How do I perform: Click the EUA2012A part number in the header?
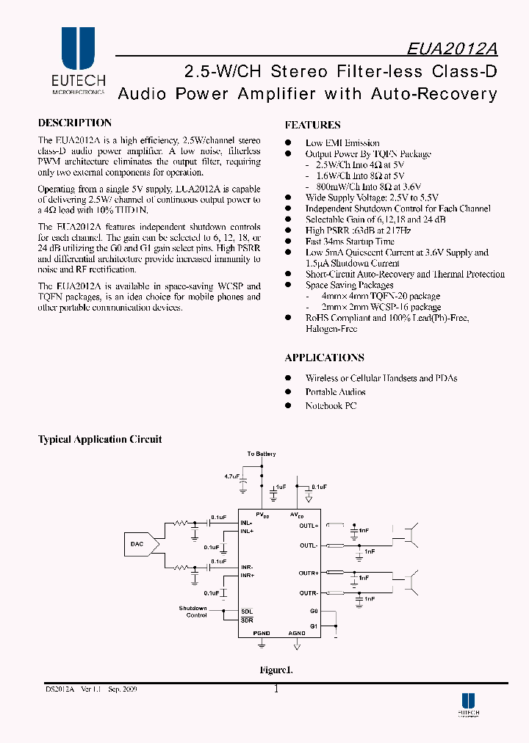click(452, 48)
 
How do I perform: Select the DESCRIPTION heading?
click(75, 123)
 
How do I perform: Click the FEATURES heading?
click(312, 126)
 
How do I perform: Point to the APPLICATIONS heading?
click(324, 358)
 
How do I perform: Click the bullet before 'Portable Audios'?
click(289, 392)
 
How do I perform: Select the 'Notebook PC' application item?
click(331, 405)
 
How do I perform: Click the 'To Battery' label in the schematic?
click(262, 454)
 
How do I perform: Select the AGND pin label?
click(297, 632)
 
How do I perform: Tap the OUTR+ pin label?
click(309, 572)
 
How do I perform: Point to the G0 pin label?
click(314, 610)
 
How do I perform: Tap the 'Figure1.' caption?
click(276, 670)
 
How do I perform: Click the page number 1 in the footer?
click(276, 689)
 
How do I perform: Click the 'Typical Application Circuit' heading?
click(100, 440)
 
